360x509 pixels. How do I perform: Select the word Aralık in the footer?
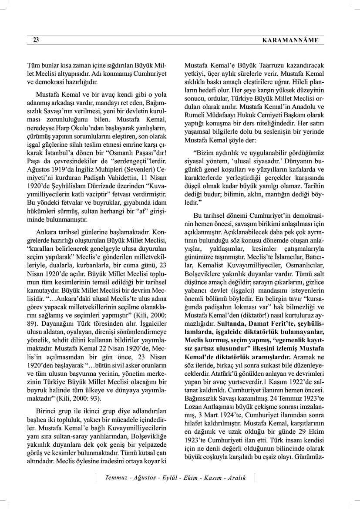(x=236, y=478)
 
